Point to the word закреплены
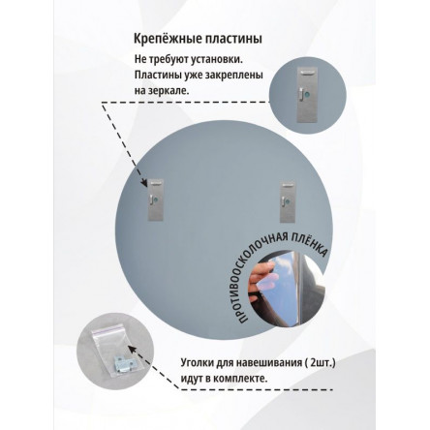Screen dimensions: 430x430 pyautogui.click(x=237, y=76)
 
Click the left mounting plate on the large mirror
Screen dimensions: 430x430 pyautogui.click(x=156, y=200)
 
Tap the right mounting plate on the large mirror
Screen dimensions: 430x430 pyautogui.click(x=288, y=202)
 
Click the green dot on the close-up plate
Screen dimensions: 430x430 pyautogui.click(x=307, y=95)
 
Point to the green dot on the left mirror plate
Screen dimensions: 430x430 pyautogui.click(x=156, y=200)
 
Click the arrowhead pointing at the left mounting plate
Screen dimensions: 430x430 pyautogui.click(x=144, y=183)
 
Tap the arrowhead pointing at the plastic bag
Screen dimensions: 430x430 pyautogui.click(x=133, y=349)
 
